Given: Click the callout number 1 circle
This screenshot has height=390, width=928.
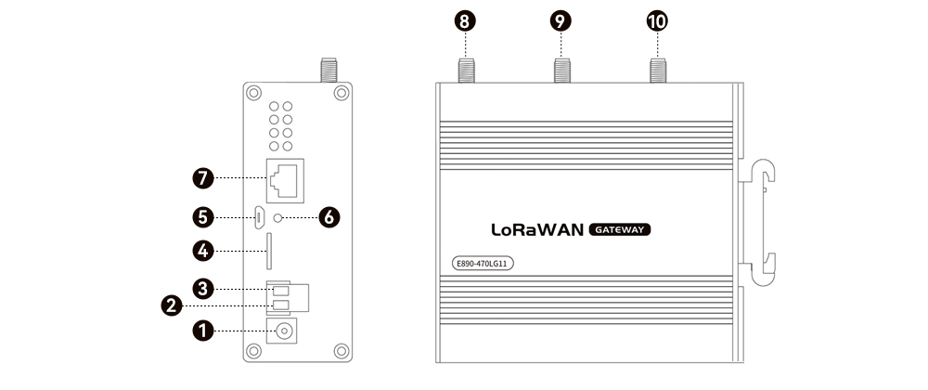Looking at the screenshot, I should point(201,330).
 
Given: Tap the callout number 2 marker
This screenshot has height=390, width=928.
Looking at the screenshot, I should point(171,305).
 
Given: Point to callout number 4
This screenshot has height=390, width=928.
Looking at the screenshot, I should point(201,251).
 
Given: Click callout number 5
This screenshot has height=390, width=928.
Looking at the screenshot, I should point(201,218).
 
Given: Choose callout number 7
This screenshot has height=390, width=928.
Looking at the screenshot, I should point(201,177).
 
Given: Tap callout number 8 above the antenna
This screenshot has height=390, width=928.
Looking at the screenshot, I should point(466,20).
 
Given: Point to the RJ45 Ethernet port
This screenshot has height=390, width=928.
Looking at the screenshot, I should point(284,177).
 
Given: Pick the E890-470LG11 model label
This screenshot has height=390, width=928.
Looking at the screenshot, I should point(481,263).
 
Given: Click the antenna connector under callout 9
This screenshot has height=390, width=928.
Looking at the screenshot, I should point(562,71).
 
